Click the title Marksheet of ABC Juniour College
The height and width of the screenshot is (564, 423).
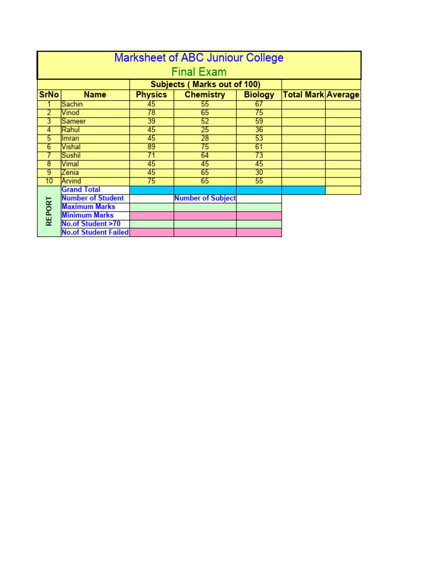(x=199, y=58)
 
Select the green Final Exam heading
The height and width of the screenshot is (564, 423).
(x=199, y=72)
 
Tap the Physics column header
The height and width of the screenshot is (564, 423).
(x=151, y=95)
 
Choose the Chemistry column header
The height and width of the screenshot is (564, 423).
(x=205, y=95)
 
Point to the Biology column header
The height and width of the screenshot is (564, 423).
(x=259, y=95)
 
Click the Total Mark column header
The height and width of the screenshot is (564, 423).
(x=303, y=95)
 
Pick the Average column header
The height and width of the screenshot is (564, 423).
(x=343, y=95)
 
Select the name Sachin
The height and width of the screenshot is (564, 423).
(x=72, y=104)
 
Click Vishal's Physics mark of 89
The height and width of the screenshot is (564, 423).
(x=151, y=147)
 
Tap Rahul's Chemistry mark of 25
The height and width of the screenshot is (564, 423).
(x=205, y=130)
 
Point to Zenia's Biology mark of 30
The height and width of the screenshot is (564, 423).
(x=259, y=172)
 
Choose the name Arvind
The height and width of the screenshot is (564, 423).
(x=72, y=181)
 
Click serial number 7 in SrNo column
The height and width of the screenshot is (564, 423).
(x=49, y=155)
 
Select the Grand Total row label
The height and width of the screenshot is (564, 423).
(x=81, y=189)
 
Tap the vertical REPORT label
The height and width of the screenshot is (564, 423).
(x=49, y=211)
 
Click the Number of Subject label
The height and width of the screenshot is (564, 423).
(x=205, y=198)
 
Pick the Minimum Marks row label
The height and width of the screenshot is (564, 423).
(x=88, y=215)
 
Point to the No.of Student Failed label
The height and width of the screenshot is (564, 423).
(x=95, y=232)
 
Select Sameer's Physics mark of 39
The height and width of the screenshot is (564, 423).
(x=151, y=121)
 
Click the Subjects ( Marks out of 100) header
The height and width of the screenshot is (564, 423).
(x=205, y=84)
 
